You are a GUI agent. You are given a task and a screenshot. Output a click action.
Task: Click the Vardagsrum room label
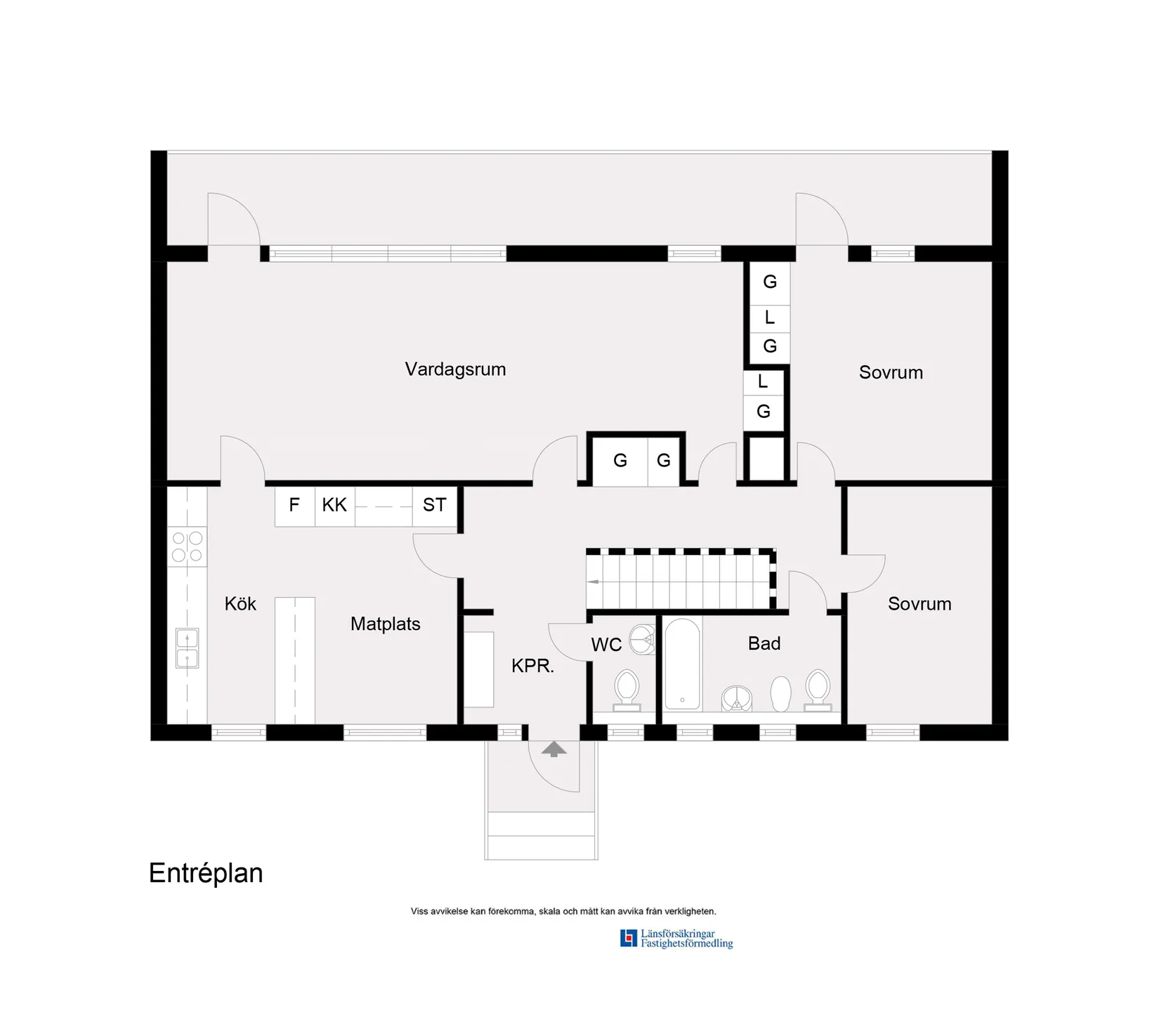tap(455, 369)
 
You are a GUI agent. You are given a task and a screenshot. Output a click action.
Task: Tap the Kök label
tap(240, 604)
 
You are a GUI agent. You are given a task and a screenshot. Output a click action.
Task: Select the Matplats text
tap(385, 624)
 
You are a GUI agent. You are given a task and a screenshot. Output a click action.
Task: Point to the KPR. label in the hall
tap(532, 666)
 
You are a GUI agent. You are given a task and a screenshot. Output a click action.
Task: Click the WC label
tap(606, 645)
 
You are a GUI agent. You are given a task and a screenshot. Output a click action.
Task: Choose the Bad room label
tap(764, 643)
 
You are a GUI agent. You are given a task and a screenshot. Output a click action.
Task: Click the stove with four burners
tap(187, 547)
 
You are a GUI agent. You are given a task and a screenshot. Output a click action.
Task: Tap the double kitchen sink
tap(187, 648)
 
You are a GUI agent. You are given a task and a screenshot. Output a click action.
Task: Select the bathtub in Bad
tap(682, 664)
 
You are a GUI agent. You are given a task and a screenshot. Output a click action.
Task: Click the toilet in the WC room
tap(627, 688)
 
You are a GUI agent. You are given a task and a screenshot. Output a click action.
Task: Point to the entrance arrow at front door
tap(554, 749)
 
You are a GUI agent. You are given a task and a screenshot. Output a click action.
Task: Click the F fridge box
tap(294, 505)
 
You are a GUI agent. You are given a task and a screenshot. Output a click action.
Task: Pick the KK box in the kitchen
tap(334, 505)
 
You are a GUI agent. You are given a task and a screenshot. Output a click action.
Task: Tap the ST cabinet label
tap(434, 505)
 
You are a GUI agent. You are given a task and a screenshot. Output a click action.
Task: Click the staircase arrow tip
tap(591, 582)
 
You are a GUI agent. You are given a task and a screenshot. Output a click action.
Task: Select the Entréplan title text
tap(206, 873)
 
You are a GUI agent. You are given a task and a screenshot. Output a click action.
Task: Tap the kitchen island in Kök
tap(294, 660)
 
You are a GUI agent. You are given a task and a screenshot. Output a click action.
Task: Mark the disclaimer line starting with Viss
tap(563, 911)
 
